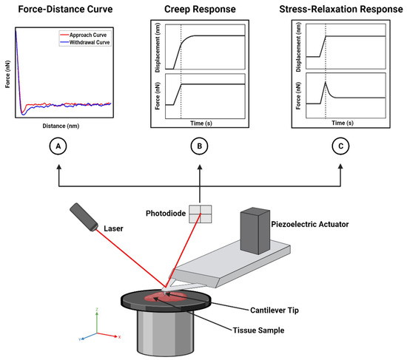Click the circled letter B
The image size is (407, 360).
(199, 147)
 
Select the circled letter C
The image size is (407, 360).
(340, 147)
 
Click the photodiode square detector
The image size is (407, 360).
(199, 214)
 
